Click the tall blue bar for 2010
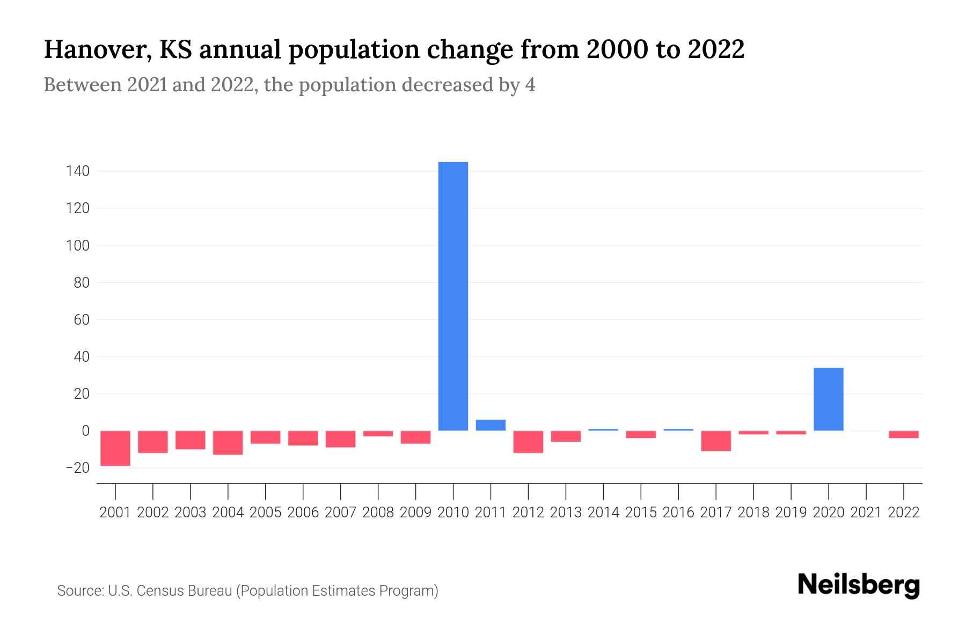[x=453, y=296]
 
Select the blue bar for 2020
[x=828, y=399]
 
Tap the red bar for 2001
[x=115, y=448]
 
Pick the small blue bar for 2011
[x=491, y=425]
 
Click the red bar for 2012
[x=528, y=442]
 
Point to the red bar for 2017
[x=716, y=441]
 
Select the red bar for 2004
[x=228, y=443]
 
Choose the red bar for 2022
[x=903, y=434]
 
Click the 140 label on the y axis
[x=77, y=172]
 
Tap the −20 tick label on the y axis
[x=77, y=468]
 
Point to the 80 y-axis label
[x=82, y=283]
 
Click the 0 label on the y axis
[x=85, y=431]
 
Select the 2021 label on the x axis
[x=866, y=513]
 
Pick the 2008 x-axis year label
[x=378, y=513]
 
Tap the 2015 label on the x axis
[x=641, y=513]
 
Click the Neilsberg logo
[x=859, y=585]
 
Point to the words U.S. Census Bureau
[x=170, y=591]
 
